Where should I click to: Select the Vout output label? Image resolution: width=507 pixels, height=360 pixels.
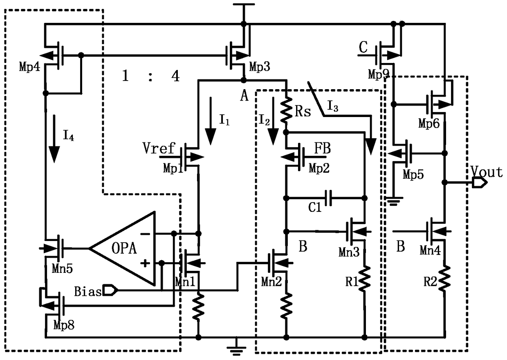coord(487,172)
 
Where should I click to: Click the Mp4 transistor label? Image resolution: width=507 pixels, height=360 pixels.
coord(30,66)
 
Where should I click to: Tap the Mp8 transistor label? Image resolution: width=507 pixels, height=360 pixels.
coord(64,325)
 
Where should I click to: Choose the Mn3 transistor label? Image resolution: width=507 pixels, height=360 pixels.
coord(350,251)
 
